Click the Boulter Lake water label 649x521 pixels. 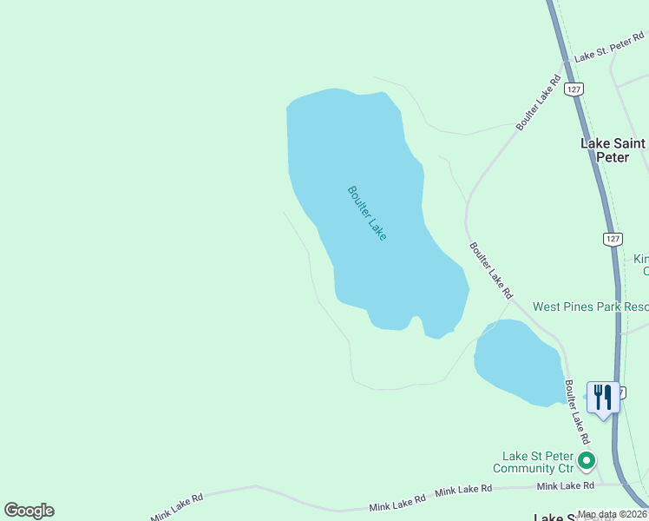367,213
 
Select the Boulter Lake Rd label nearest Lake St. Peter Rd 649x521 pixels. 534,102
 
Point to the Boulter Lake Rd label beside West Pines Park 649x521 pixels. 491,269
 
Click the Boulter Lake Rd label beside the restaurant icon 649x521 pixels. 576,411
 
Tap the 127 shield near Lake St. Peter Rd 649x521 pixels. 573,89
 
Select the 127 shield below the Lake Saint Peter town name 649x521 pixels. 613,238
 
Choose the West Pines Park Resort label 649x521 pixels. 590,307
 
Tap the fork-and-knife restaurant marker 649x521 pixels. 603,398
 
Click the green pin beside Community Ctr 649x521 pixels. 587,460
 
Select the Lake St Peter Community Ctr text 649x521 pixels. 538,462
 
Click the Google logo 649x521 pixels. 29,511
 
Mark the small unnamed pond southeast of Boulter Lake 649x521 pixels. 519,363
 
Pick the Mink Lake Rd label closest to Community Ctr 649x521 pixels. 566,485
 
